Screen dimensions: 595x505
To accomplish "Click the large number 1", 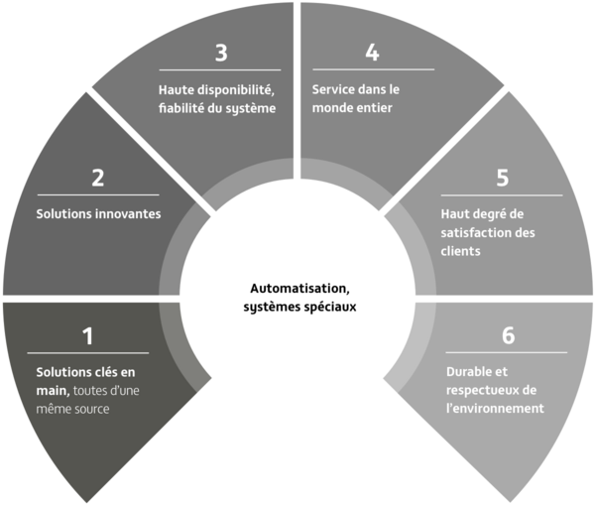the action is [x=88, y=336].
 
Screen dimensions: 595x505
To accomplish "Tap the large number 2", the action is [x=98, y=178].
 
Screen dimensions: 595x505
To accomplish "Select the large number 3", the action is [x=221, y=53].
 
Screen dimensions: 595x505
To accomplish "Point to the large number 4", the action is [x=372, y=53].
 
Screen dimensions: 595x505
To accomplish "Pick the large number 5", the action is [x=503, y=178].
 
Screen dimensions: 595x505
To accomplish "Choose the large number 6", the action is [x=508, y=335].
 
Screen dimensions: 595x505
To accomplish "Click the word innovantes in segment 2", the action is [x=128, y=213].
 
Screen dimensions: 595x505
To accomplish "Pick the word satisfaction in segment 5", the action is [x=475, y=232].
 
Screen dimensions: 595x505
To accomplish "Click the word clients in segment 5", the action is [x=461, y=251].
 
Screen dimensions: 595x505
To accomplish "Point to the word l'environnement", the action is [x=495, y=408].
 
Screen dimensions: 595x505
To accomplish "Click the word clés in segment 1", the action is [x=104, y=372].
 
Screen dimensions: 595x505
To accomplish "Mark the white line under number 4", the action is [x=374, y=69].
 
